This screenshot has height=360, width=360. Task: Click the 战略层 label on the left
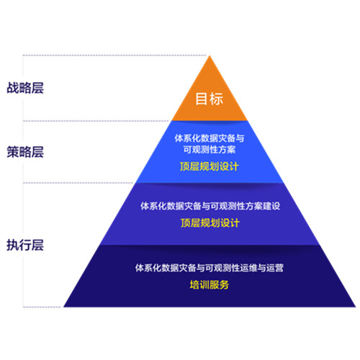pos(25,88)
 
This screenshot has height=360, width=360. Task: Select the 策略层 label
pos(25,152)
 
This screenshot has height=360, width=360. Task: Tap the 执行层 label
pos(25,245)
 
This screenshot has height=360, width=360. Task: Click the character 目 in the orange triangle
pos(201,99)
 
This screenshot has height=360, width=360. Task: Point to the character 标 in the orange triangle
pos(216,99)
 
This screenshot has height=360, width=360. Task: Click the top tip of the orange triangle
pos(210,56)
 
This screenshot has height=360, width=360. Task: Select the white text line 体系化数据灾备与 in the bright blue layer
pos(210,138)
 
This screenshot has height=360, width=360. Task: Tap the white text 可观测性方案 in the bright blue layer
pos(210,150)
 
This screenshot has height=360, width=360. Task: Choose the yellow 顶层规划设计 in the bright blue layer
pos(210,166)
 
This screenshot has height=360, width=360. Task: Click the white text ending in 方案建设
pos(210,206)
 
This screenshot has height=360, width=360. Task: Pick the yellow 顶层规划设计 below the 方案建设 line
pos(210,222)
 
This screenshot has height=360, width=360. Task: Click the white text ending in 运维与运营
pos(210,268)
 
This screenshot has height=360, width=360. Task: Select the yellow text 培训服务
pos(210,285)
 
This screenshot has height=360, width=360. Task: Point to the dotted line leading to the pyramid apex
pos(114,55)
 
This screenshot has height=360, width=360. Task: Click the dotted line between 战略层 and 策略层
pos(96,121)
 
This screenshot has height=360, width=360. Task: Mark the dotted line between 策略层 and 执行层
pos(78,183)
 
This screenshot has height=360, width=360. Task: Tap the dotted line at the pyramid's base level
pos(42,307)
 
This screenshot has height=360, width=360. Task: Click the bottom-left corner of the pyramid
pos(63,307)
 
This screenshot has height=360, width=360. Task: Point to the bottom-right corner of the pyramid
pos(356,307)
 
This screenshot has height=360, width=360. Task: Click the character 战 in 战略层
pos(13,88)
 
